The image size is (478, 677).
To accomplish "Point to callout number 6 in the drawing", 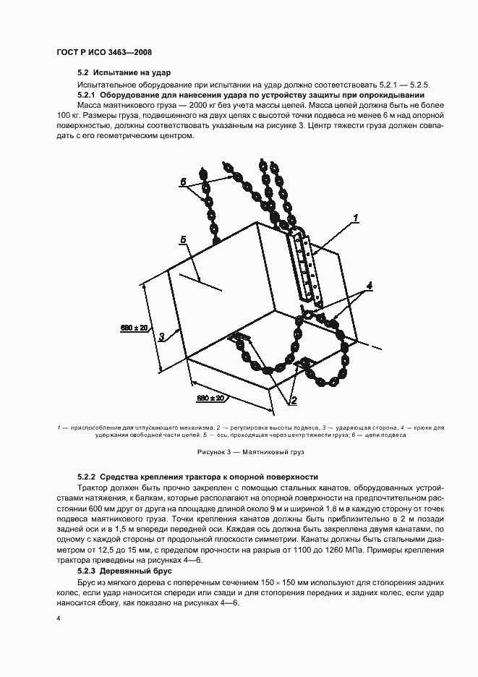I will coord(183,180).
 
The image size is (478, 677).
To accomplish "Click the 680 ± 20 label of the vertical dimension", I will coord(135,328).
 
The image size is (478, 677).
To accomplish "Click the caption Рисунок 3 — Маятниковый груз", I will coord(241,453).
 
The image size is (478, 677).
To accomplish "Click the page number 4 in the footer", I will coord(58,618).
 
